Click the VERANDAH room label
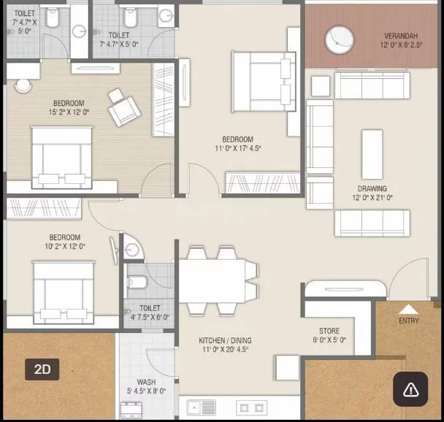coord(401,36)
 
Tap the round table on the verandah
coord(340,39)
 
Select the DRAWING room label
coord(372,188)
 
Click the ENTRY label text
coord(409,321)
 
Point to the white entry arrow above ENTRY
coord(409,309)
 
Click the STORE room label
coord(329,331)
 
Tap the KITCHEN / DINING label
coord(226,340)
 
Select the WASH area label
coord(146,382)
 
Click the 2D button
coord(42,369)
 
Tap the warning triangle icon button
coord(410,388)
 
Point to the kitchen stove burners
coord(252,407)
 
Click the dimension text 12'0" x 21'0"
coord(372,197)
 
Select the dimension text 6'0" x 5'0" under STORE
coord(329,339)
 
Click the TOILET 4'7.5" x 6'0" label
coord(150,312)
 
